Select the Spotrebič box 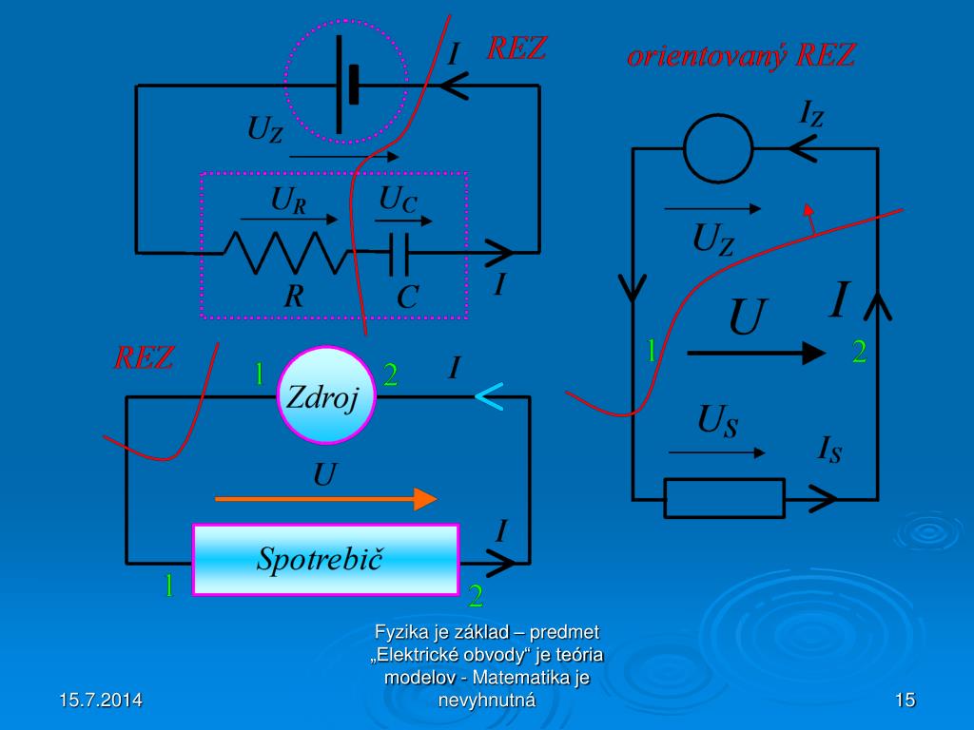coord(325,559)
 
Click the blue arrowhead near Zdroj coord(488,398)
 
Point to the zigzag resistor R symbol coord(284,253)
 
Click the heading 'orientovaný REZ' coord(740,56)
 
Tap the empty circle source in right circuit coord(718,148)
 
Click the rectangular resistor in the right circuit coord(724,498)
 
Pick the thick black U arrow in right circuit coord(756,353)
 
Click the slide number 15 coord(905,701)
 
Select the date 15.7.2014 coord(101,701)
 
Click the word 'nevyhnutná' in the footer coord(488,701)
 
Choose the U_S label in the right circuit coord(718,420)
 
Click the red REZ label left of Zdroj coord(144,357)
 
